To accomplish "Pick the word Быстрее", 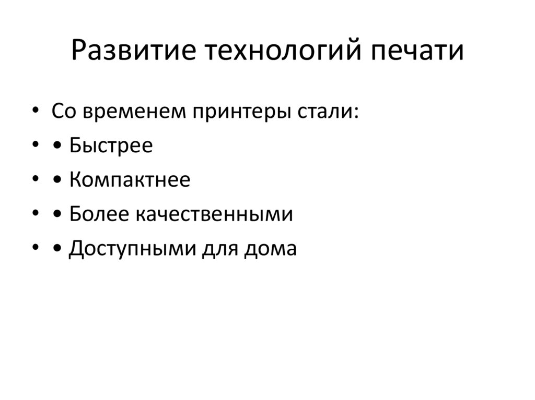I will click(110, 146).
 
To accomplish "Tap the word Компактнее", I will click(129, 180).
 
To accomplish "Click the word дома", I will click(270, 249).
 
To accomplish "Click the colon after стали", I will click(356, 113).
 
